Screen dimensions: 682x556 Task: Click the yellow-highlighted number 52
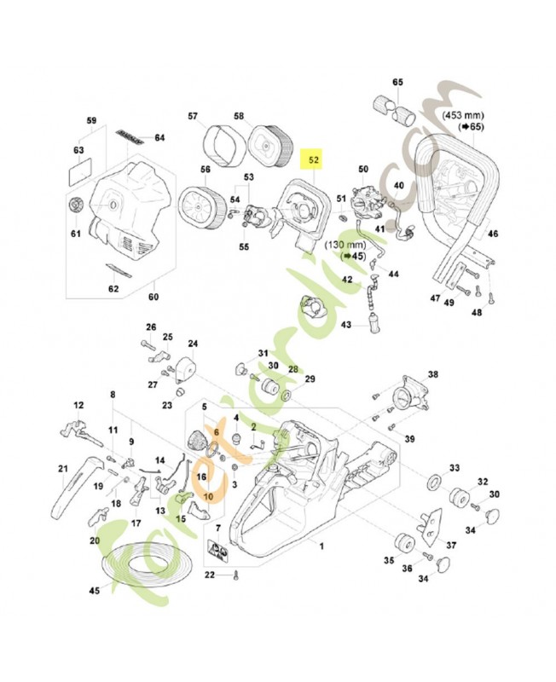[x=314, y=159]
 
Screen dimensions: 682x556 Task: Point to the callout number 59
[x=92, y=120]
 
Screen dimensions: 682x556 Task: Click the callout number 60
[x=153, y=297]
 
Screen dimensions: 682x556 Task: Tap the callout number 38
[x=432, y=374]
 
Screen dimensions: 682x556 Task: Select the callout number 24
[x=193, y=344]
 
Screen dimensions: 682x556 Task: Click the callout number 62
[x=113, y=288]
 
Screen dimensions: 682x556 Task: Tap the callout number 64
[x=159, y=137]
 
